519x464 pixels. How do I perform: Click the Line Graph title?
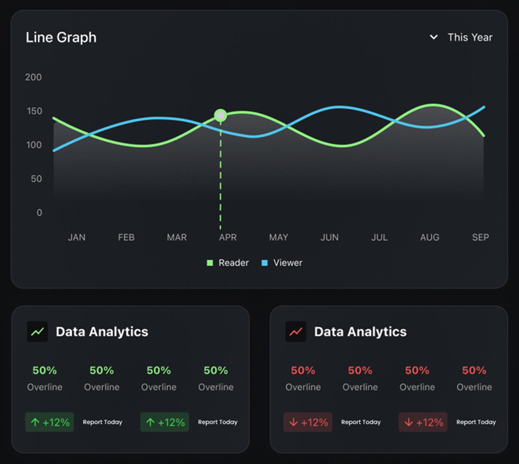(x=61, y=38)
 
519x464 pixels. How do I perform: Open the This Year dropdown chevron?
(x=434, y=37)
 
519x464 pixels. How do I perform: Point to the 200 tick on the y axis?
(x=33, y=77)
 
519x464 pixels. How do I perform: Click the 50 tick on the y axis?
(x=36, y=179)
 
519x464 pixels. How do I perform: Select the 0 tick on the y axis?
(x=39, y=212)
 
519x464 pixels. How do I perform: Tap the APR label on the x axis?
(x=228, y=237)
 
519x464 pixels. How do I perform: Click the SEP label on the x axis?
(x=480, y=237)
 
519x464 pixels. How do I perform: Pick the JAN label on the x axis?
(x=77, y=237)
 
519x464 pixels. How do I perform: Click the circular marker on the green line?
(x=221, y=115)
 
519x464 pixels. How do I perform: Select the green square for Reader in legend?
(x=210, y=263)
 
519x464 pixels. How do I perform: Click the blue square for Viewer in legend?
(x=265, y=263)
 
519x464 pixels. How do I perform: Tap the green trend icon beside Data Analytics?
(x=37, y=332)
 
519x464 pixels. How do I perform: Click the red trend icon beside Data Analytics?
(x=296, y=332)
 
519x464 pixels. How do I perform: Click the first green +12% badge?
(x=50, y=422)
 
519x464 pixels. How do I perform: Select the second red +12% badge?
(x=423, y=422)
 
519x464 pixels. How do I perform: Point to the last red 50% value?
(x=474, y=370)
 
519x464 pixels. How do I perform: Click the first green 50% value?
(x=44, y=370)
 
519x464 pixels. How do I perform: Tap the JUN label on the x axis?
(x=329, y=237)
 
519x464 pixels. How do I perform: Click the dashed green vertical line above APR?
(x=221, y=177)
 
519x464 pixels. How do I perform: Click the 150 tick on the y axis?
(x=34, y=111)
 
